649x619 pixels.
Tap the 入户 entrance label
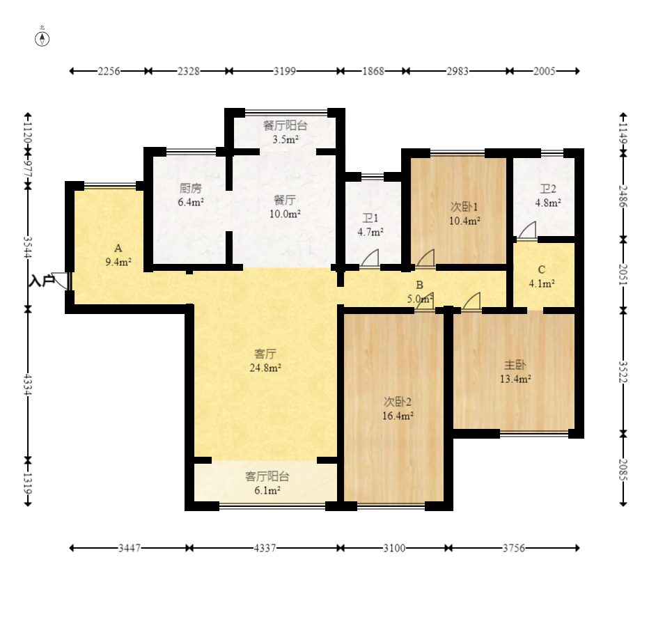pos(41,281)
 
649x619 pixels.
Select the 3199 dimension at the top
pos(285,71)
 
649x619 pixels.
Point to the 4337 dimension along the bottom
pos(265,548)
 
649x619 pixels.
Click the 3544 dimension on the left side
pos(28,247)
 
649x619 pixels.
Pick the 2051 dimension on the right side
pos(623,274)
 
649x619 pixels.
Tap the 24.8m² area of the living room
pos(265,368)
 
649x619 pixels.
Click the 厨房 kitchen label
pos(190,188)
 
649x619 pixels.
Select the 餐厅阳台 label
pos(286,125)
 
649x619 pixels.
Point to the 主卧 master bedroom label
pos(515,365)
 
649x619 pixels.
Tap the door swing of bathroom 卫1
pos(370,258)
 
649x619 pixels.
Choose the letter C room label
pos(541,269)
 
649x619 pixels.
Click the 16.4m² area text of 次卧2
pos(398,416)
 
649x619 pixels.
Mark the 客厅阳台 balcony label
pos(267,476)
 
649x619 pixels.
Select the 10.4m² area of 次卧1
pos(464,221)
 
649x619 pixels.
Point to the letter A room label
pos(118,249)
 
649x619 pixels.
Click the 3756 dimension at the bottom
pos(514,548)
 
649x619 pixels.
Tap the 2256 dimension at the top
pos(109,71)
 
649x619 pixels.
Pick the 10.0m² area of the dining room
pos(285,214)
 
